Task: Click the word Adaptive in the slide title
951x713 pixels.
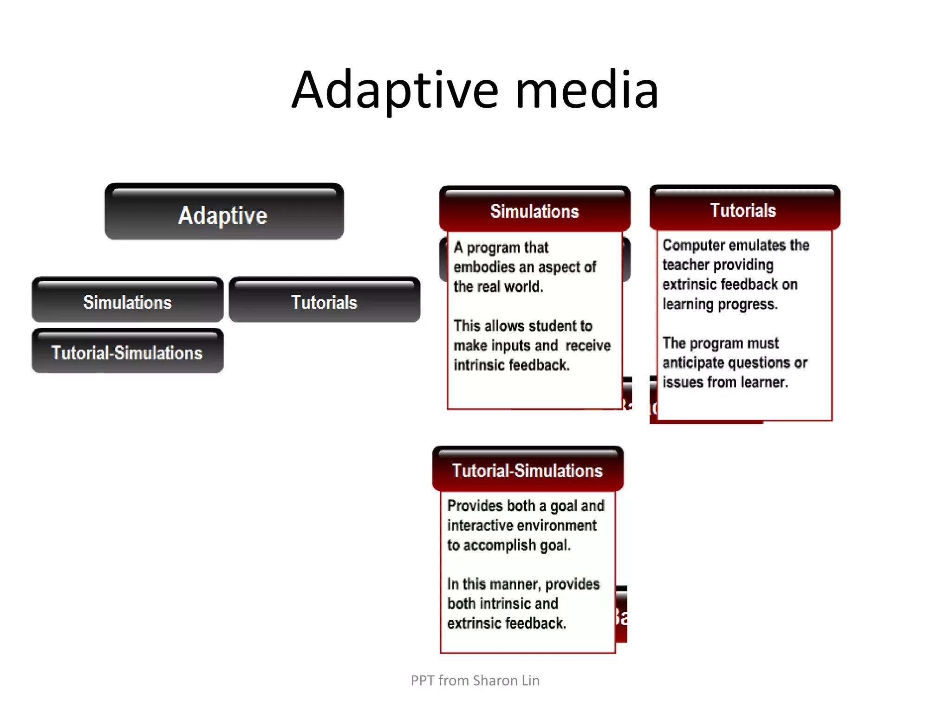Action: (395, 91)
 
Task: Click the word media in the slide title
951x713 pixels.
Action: (587, 91)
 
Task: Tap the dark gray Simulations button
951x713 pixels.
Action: (127, 302)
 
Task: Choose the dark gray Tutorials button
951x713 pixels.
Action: (324, 302)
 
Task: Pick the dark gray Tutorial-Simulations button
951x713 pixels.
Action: (127, 353)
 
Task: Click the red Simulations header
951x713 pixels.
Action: (534, 211)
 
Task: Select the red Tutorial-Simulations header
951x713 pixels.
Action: (527, 471)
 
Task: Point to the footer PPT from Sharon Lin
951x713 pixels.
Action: (475, 681)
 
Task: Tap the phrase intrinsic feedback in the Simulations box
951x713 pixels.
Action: (511, 365)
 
